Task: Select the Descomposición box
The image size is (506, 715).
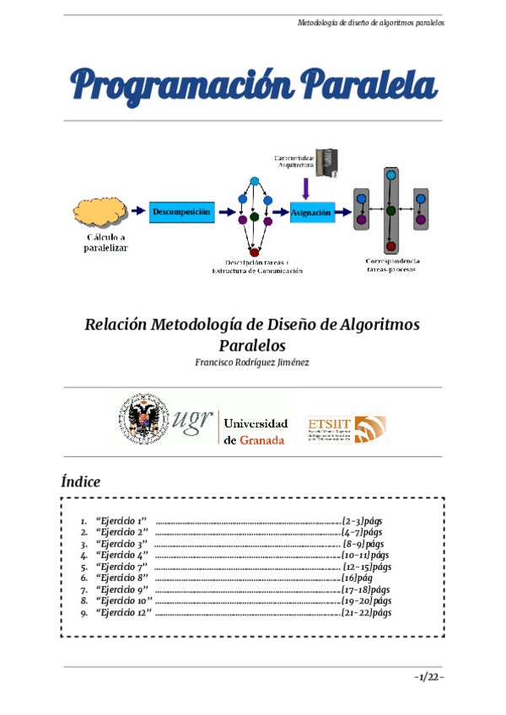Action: pyautogui.click(x=180, y=211)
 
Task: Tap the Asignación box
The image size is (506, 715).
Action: pyautogui.click(x=311, y=212)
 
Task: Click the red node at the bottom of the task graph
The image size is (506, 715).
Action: pyautogui.click(x=254, y=251)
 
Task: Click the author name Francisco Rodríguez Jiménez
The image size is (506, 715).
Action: pyautogui.click(x=253, y=363)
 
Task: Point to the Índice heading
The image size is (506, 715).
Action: pyautogui.click(x=81, y=482)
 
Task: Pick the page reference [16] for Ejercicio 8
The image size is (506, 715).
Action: pyautogui.click(x=351, y=578)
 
